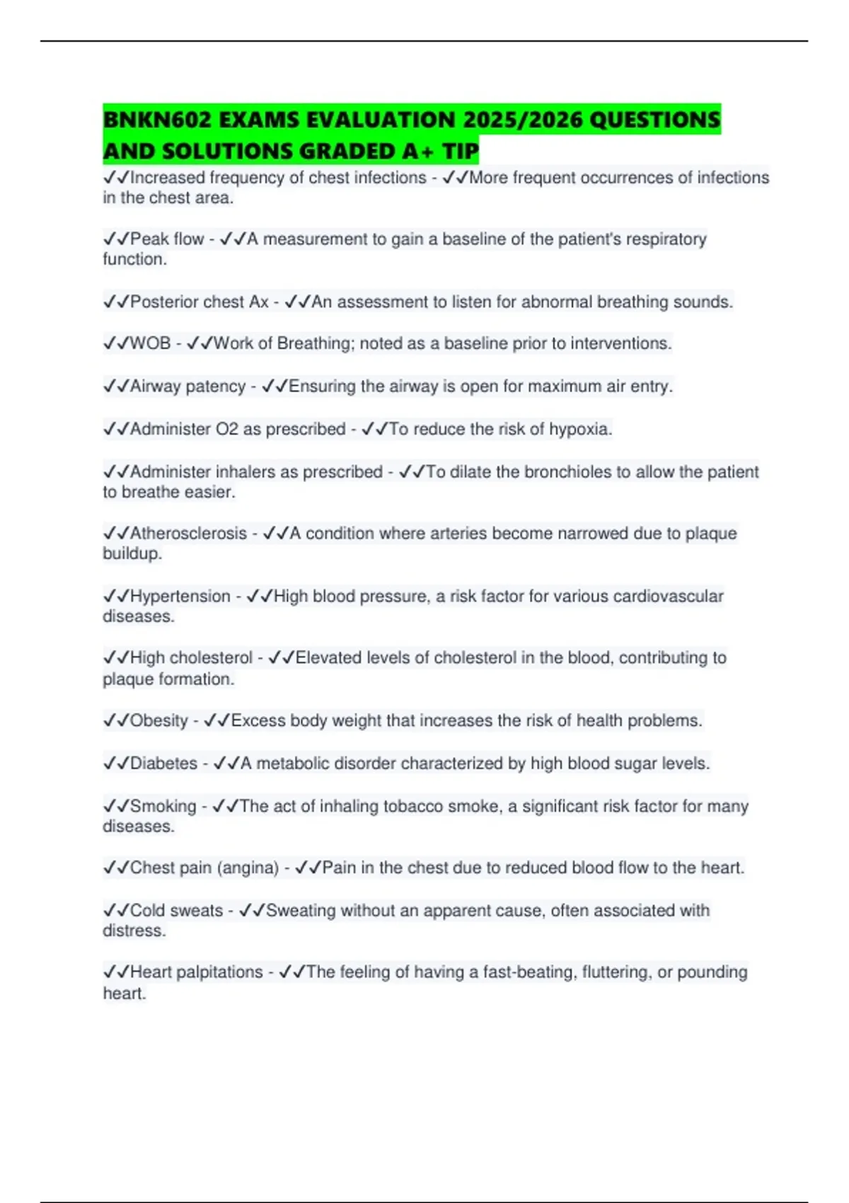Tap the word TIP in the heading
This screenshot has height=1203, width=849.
coord(461,151)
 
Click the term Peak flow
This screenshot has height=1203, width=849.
coord(167,239)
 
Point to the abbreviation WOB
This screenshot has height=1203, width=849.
coord(150,343)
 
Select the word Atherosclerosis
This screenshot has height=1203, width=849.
coord(188,533)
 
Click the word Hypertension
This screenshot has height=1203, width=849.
coord(180,596)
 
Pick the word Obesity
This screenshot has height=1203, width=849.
coord(159,720)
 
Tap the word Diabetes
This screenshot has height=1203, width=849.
coord(163,763)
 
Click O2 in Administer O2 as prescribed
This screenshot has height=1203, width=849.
coord(227,429)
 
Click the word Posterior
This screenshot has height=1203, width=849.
coord(164,301)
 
